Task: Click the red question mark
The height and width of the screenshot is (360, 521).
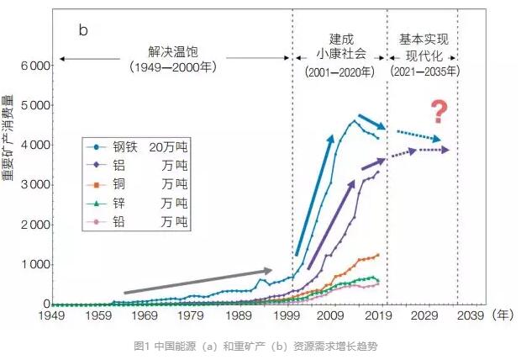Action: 437,111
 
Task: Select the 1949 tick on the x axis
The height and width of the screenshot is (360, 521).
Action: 53,317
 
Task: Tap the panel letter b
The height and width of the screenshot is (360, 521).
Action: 83,31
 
